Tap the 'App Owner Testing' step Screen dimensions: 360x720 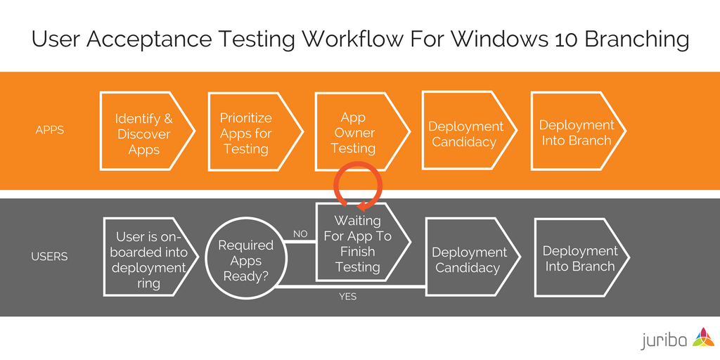point(354,133)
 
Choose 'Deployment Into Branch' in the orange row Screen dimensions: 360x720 point(575,133)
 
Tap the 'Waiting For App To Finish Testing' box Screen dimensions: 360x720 point(357,243)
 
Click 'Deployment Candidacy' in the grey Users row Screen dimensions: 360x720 point(470,259)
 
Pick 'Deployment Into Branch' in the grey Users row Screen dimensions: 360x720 point(579,259)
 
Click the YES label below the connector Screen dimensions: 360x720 point(347,297)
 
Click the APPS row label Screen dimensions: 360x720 point(49,130)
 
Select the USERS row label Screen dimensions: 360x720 point(49,257)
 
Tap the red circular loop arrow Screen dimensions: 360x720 point(358,186)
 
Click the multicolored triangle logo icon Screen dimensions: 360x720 point(703,338)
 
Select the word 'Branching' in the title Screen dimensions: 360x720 point(640,39)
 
